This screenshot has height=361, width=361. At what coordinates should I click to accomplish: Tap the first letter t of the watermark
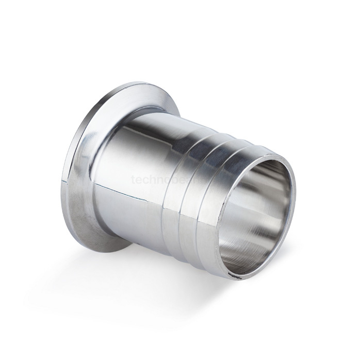134,180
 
